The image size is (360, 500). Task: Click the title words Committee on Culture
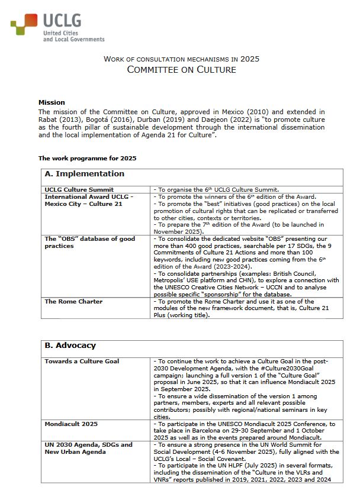coord(181,70)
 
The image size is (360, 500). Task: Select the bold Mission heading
coord(52,102)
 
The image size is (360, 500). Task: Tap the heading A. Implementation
coord(84,174)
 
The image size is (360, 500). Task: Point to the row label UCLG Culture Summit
coord(79,190)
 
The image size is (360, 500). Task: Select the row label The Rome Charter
coord(73,301)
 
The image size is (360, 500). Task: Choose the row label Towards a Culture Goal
coord(82,361)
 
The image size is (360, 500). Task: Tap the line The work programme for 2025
coord(87,158)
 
